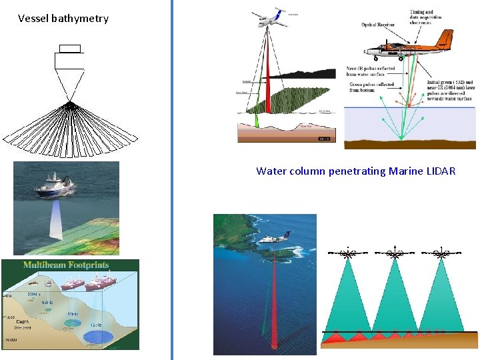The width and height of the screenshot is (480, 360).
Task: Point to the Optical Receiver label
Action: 378,25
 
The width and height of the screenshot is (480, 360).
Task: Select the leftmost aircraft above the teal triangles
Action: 347,253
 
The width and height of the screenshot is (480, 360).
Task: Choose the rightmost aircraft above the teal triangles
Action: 441,253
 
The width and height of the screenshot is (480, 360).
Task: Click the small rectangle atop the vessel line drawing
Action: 69,48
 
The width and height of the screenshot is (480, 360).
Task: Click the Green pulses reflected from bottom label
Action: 371,87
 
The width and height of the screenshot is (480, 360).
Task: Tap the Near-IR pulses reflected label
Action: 371,71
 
